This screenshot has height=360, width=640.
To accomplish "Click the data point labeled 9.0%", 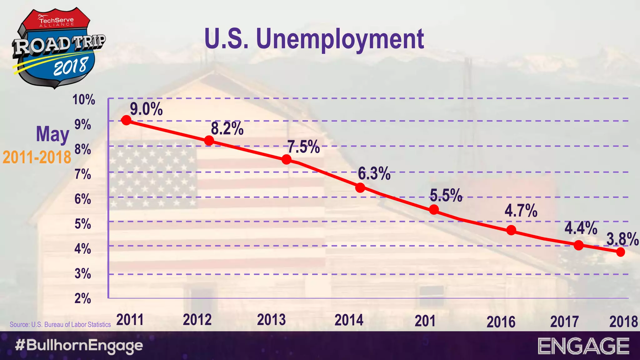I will pos(126,120).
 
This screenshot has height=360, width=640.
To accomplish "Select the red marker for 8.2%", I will pos(209,141).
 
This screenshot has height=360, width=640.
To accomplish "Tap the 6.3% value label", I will pos(374,173).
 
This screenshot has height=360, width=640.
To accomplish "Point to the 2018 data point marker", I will pos(620,252).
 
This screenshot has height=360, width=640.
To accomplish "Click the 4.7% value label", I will pos(521,211).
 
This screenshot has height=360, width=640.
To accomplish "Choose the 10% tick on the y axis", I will pos(84,100).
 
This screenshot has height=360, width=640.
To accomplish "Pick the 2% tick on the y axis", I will pos(83,298).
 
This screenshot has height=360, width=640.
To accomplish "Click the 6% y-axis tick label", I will pos(83,199).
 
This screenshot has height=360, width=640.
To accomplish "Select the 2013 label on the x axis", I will pos(271,320).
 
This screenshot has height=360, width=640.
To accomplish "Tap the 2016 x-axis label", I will pos(501,322).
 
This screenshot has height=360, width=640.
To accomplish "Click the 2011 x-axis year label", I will pos(130,320).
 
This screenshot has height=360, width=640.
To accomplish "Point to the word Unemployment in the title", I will pos(340,39).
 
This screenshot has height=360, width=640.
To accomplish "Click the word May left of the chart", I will pos(52,134).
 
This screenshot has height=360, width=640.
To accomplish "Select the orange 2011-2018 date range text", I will pos(37,157).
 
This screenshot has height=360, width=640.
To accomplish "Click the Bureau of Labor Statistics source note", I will pos(60,325).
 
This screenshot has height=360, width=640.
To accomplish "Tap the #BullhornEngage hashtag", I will pos(79,346).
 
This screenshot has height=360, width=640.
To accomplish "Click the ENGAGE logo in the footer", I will pos(583,346).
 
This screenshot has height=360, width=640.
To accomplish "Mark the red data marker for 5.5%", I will pos(434,209).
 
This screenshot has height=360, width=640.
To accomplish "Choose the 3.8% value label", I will pos(622,239).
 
